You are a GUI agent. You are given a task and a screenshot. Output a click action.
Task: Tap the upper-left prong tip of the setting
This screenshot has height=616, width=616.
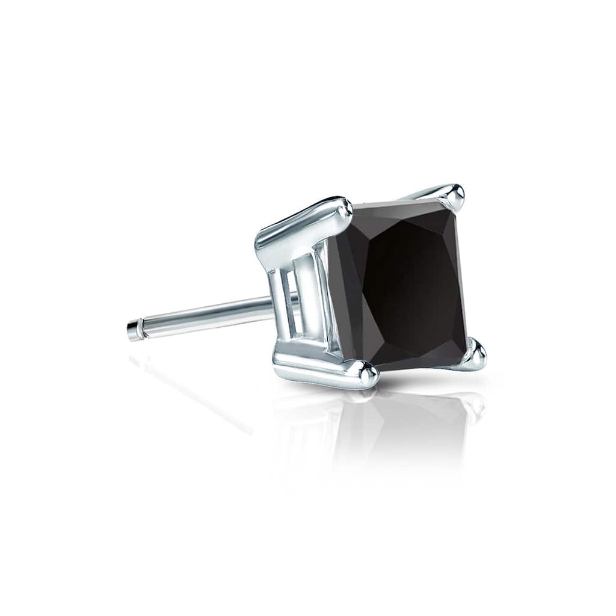tap(343, 208)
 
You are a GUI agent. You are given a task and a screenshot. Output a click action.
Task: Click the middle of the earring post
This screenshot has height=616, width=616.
tap(205, 315)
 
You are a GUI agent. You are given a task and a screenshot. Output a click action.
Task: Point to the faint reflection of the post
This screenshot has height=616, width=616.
tap(192, 391)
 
